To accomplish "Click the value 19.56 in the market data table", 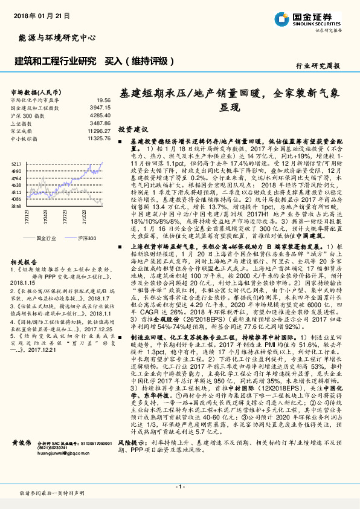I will pos(103,99).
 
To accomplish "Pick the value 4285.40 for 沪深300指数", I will pos(100,115).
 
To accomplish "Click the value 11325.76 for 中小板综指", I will pos(98,138).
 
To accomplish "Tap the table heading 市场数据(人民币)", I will pos(37,91).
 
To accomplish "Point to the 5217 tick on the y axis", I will pos(17,163).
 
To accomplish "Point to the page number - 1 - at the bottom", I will pos(179,485).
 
